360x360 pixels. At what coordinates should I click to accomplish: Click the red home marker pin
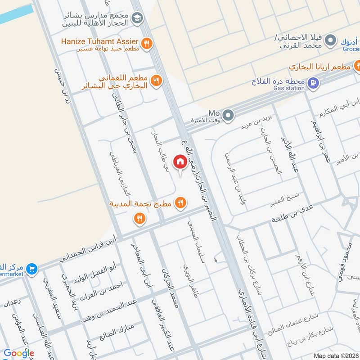[180, 162]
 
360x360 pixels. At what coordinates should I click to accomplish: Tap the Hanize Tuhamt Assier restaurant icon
[146, 43]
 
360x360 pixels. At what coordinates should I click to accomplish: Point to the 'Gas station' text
[289, 89]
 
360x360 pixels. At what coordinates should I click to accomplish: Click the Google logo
[19, 353]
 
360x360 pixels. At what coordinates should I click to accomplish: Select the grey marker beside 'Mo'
[229, 116]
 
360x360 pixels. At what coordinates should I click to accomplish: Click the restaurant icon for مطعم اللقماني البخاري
[156, 81]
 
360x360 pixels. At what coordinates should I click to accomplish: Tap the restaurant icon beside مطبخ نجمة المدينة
[180, 203]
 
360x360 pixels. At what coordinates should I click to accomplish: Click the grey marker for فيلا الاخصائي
[331, 41]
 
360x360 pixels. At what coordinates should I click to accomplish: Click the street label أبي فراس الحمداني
[88, 249]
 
